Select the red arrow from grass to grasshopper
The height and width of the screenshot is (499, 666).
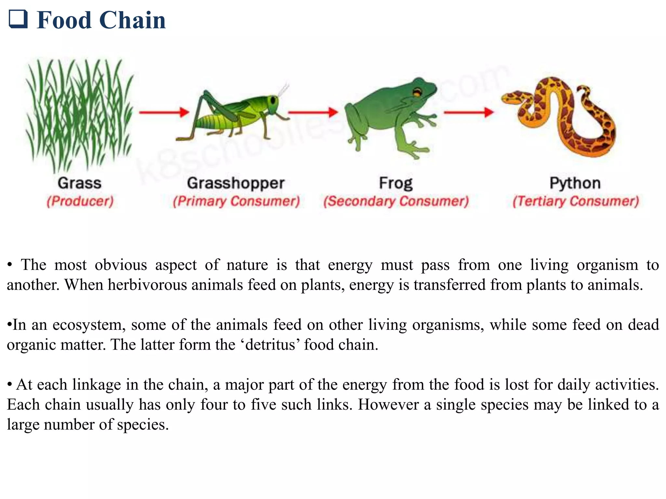pyautogui.click(x=164, y=112)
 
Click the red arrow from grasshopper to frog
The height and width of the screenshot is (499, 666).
pyautogui.click(x=313, y=112)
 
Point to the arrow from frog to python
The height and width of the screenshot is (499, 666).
pyautogui.click(x=469, y=112)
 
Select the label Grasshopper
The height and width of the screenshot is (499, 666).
pyautogui.click(x=236, y=183)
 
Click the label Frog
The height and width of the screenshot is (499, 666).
pyautogui.click(x=396, y=183)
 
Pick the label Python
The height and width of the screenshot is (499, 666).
pyautogui.click(x=575, y=183)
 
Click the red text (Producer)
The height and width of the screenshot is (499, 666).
pyautogui.click(x=80, y=201)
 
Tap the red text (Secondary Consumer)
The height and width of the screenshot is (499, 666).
pyautogui.click(x=396, y=201)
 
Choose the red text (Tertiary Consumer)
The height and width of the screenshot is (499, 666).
pyautogui.click(x=576, y=201)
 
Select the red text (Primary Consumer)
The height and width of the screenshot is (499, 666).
pyautogui.click(x=236, y=201)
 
